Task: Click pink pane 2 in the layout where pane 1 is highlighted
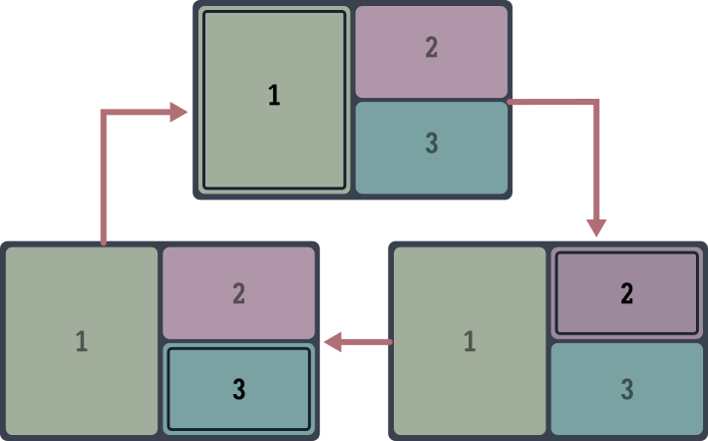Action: [431, 52]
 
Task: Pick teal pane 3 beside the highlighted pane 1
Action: [431, 148]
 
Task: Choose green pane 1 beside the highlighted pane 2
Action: [470, 341]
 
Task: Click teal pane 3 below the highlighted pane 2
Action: [627, 389]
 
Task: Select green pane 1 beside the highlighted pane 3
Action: [82, 341]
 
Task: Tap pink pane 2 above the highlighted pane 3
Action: [239, 293]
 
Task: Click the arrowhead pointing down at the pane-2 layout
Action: [596, 226]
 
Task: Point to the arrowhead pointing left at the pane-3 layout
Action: [333, 342]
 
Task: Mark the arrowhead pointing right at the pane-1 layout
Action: [178, 112]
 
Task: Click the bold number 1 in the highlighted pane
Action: [274, 96]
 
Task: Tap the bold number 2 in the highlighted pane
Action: [627, 293]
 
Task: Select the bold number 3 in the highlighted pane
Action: [239, 390]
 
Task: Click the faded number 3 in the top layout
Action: [431, 144]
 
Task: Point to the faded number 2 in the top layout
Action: [431, 47]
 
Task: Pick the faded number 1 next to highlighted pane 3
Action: [82, 341]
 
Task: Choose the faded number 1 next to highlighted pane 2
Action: [470, 341]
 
